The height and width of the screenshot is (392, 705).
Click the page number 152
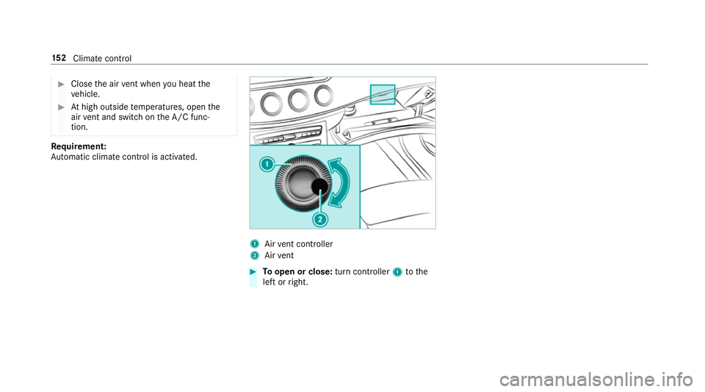(x=59, y=58)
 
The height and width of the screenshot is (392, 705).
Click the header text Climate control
(x=102, y=59)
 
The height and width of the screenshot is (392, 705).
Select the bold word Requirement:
(x=79, y=146)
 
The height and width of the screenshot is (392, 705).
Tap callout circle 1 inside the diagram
(x=267, y=164)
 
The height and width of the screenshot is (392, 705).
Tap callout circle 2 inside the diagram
(x=320, y=220)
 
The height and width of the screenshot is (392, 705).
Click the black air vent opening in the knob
(x=319, y=186)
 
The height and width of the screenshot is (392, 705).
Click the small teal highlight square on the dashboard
(x=383, y=95)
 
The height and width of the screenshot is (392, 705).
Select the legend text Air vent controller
(x=299, y=244)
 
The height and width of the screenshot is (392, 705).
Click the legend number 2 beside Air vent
(x=255, y=256)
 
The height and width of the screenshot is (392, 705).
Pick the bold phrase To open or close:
(x=297, y=272)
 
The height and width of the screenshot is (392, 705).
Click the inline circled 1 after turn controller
(x=397, y=272)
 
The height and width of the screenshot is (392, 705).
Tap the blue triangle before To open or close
(x=253, y=271)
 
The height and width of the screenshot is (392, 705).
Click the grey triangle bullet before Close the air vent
(x=62, y=84)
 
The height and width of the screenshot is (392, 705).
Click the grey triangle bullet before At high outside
(x=62, y=107)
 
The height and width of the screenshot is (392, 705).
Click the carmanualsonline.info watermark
(x=596, y=379)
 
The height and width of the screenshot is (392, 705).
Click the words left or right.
(x=286, y=282)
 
